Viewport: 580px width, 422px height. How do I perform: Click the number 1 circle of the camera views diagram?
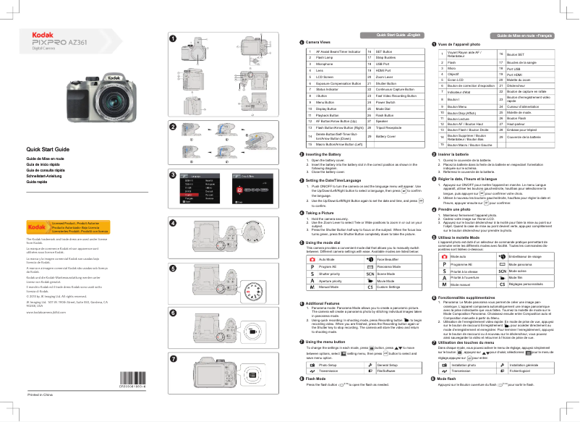pyautogui.click(x=172, y=38)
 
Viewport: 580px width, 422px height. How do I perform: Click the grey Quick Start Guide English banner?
pyautogui.click(x=396, y=35)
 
